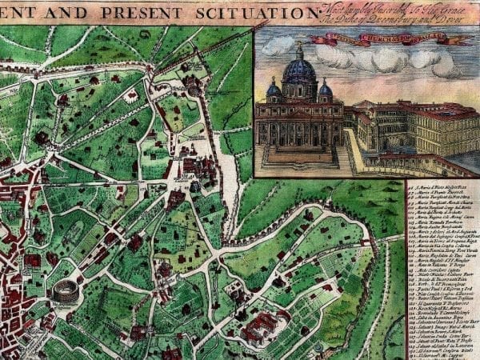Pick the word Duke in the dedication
[343, 19]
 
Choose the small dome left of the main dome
[274, 90]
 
